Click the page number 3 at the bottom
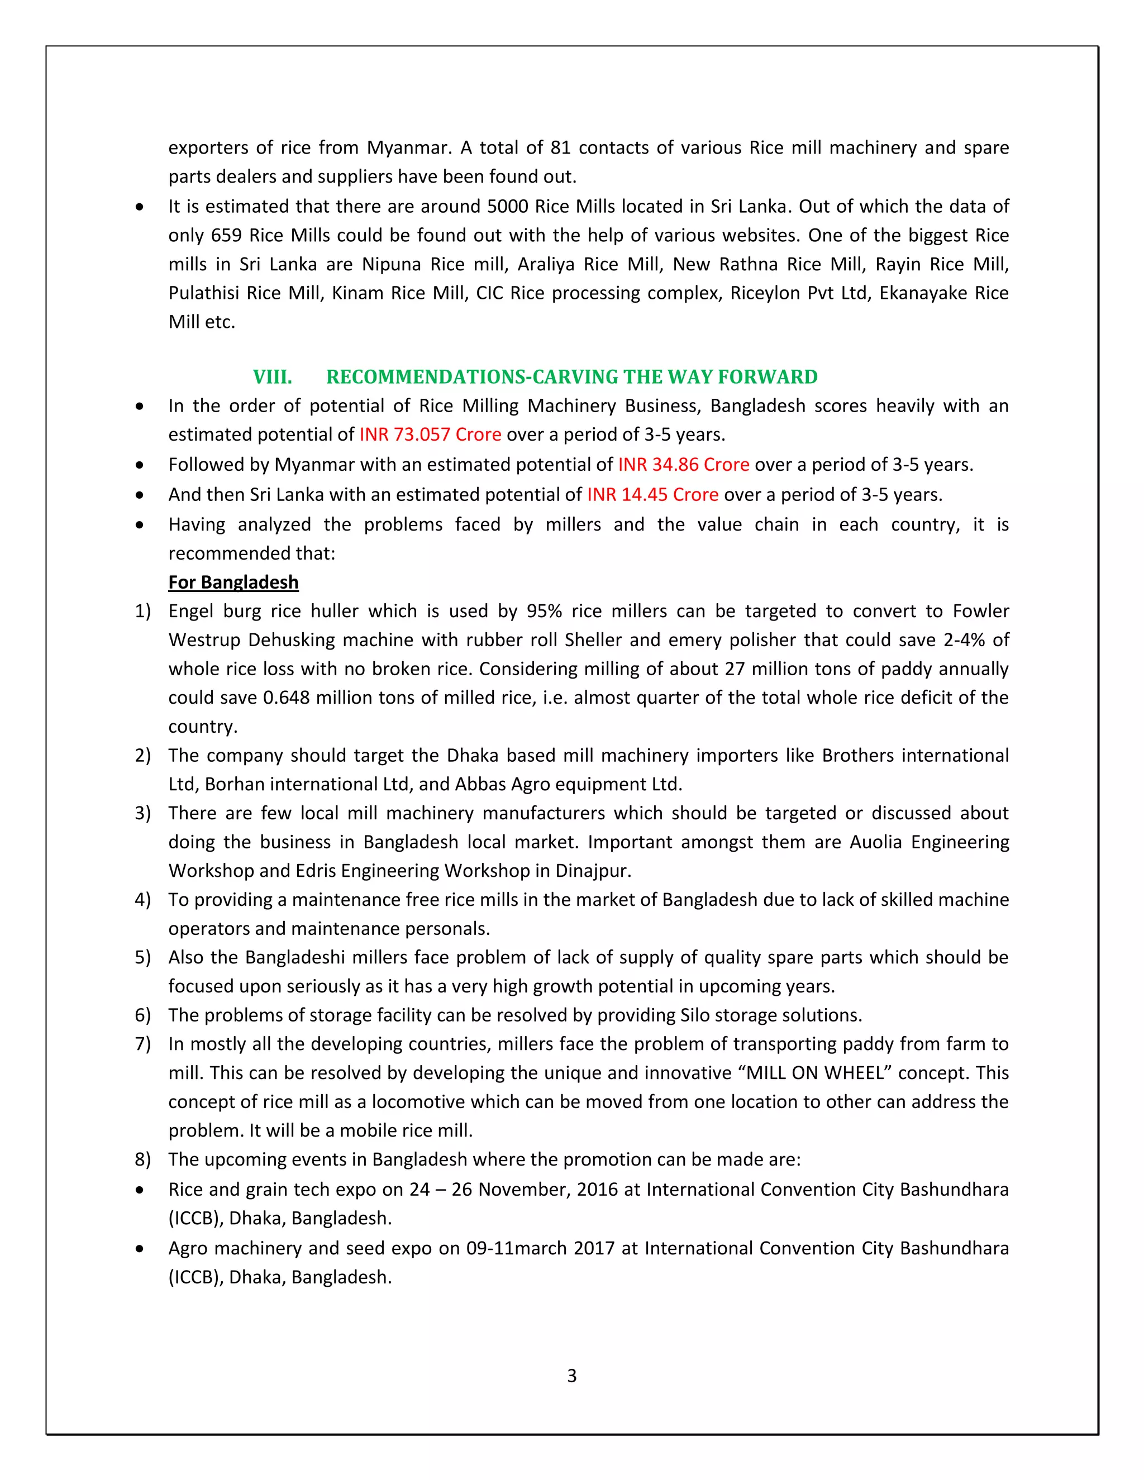point(571,1376)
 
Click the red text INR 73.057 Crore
point(430,435)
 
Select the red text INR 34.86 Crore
point(683,465)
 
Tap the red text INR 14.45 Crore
point(652,495)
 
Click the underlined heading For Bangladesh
point(233,583)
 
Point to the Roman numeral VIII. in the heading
point(273,377)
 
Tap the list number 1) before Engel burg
point(142,611)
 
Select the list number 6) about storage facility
point(142,1015)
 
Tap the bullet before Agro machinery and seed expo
point(140,1249)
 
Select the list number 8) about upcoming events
point(142,1159)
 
